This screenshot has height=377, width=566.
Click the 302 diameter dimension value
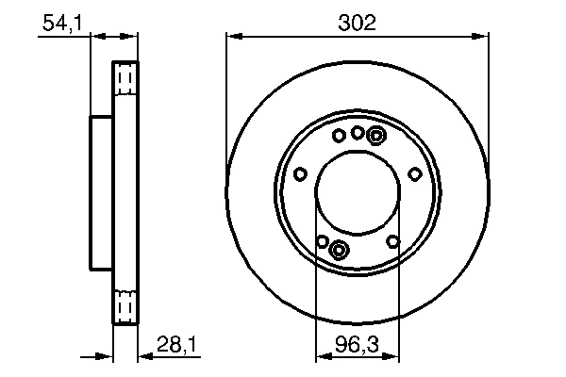(358, 22)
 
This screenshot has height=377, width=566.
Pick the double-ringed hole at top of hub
(375, 136)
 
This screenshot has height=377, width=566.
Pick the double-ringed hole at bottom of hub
(340, 249)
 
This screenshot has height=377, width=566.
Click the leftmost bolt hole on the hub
(300, 173)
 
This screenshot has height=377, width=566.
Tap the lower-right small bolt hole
(393, 241)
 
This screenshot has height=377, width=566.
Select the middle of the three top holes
(358, 133)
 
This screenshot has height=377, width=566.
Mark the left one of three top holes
(340, 136)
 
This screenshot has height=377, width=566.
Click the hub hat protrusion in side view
(101, 192)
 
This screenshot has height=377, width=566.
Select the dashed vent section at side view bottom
(125, 306)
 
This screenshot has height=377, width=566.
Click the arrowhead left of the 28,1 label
(107, 356)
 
